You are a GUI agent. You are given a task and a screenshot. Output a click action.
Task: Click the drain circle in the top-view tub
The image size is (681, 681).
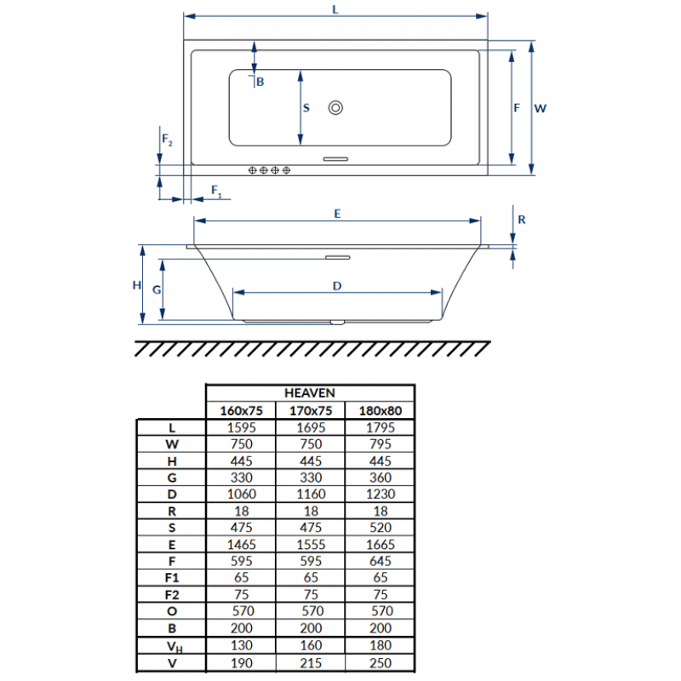(x=335, y=107)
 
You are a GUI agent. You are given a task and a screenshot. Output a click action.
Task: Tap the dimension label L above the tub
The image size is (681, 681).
(x=335, y=9)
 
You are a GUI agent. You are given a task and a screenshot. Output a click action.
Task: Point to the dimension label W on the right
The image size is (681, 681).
(x=541, y=108)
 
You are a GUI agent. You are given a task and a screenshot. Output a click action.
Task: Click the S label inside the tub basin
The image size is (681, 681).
(x=306, y=108)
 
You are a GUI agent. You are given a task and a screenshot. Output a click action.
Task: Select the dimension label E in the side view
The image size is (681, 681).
(x=337, y=214)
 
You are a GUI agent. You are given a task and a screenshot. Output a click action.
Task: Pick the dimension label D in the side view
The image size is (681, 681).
(x=337, y=286)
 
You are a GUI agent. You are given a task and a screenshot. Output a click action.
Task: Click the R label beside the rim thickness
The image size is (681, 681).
(x=522, y=220)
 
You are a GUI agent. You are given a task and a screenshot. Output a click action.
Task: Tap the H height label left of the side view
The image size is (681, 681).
(x=137, y=285)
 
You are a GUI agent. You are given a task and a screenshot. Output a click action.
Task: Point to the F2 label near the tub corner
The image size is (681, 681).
(x=167, y=140)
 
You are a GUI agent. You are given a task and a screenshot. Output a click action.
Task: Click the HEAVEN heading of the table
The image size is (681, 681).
(x=310, y=393)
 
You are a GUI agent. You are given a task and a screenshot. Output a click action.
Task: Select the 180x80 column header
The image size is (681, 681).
(x=380, y=410)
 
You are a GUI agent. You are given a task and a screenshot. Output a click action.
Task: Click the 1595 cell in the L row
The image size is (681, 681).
(x=242, y=428)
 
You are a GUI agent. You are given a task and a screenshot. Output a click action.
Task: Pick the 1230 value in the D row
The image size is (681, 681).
(x=381, y=495)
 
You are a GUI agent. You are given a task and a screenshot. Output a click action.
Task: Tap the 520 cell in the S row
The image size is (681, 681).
(x=381, y=528)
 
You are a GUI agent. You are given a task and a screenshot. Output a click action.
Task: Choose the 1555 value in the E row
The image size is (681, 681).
(x=311, y=545)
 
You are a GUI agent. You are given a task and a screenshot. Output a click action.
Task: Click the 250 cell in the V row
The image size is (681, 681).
(x=381, y=663)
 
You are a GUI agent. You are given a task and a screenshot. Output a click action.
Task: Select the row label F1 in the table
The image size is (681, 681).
(x=172, y=578)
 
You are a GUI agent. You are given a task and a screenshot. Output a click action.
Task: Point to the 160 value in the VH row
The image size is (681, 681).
(x=311, y=645)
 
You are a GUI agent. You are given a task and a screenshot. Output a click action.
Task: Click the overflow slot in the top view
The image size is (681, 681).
(x=335, y=159)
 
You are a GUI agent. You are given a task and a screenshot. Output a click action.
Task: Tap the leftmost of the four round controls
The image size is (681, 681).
(x=252, y=170)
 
